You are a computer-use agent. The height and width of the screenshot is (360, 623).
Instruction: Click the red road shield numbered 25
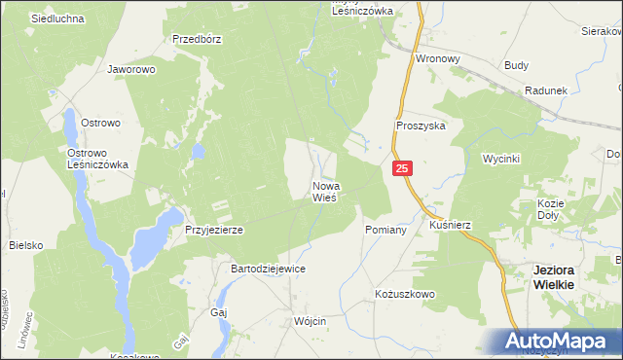[404, 169]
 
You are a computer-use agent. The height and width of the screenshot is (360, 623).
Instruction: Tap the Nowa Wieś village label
[325, 192]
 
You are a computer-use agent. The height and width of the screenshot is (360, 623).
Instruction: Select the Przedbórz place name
[198, 40]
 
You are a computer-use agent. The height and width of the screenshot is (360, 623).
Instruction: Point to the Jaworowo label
[132, 70]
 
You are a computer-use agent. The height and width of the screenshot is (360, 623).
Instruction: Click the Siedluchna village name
[57, 18]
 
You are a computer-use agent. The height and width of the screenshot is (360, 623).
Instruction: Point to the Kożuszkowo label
[405, 294]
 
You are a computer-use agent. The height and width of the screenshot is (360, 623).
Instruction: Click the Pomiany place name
[378, 229]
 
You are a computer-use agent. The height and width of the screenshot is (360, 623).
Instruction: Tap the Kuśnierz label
[450, 225]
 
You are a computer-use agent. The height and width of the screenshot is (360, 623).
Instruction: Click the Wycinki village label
[502, 158]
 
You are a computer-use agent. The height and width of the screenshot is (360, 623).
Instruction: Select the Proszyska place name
[421, 126]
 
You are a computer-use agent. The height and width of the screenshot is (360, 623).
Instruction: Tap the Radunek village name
[545, 90]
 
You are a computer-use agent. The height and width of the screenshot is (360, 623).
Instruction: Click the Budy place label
[517, 65]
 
